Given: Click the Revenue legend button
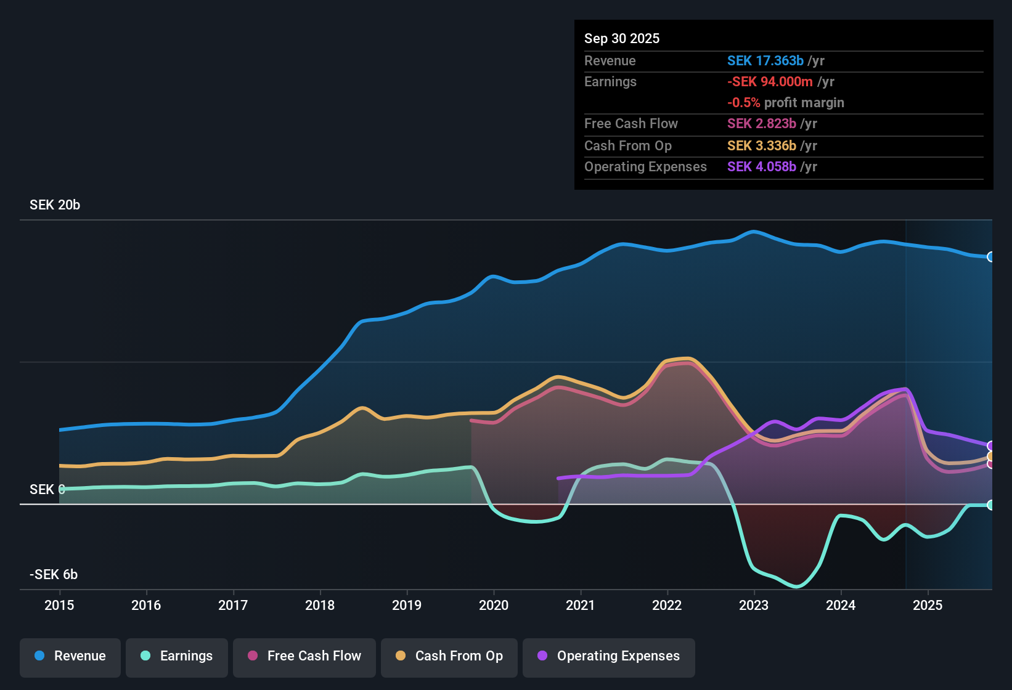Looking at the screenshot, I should [x=70, y=656].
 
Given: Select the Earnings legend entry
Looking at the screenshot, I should [x=177, y=656].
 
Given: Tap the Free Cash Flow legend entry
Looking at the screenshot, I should [x=304, y=656].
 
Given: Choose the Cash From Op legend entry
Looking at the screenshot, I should [x=449, y=656].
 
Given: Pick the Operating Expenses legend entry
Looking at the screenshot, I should [x=609, y=656].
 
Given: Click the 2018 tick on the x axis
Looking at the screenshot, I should [x=320, y=605].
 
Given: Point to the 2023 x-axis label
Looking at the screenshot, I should [x=754, y=605].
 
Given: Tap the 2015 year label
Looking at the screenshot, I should [x=59, y=605].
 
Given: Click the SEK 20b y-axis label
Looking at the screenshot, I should [x=55, y=205].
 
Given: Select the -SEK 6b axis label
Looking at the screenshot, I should [x=54, y=575].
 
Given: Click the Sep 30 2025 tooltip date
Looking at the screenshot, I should [x=622, y=38].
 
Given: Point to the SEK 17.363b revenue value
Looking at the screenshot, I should [x=765, y=60].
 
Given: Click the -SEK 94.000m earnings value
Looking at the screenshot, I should [x=770, y=81].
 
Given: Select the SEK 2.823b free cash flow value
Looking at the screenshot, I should [x=761, y=123].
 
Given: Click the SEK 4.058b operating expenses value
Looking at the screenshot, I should [x=761, y=167].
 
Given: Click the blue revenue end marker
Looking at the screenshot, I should [x=990, y=257].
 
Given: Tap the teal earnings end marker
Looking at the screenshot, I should [x=990, y=505].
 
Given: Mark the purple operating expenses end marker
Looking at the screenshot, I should [x=990, y=446].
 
